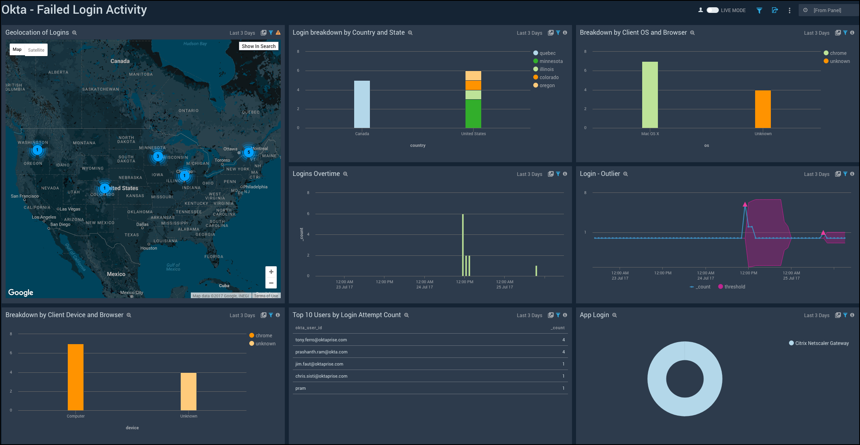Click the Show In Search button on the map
259,46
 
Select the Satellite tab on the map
36,50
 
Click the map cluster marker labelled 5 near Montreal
248,152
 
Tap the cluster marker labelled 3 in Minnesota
158,156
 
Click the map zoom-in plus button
271,272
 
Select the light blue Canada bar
362,104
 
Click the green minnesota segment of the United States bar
473,114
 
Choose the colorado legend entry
549,77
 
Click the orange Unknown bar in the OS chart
763,109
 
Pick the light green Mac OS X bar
650,95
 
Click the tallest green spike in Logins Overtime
463,244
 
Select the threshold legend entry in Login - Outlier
734,287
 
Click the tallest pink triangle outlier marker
745,205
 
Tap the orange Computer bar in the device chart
75,377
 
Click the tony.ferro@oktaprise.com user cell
321,340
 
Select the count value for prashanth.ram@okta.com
564,352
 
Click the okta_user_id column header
309,328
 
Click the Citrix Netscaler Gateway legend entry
821,343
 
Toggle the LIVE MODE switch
712,10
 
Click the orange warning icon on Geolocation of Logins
278,33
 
